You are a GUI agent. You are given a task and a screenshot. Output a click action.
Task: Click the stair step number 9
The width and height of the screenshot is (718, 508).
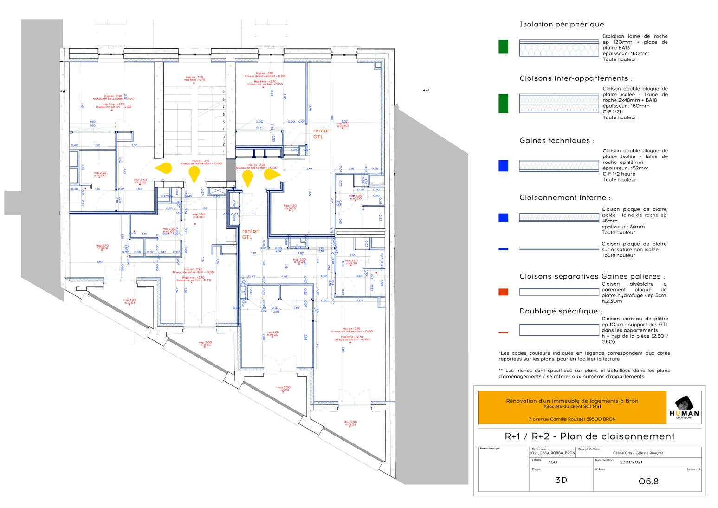tap(223, 92)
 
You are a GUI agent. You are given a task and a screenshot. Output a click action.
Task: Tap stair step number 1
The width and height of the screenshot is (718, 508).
tap(223, 152)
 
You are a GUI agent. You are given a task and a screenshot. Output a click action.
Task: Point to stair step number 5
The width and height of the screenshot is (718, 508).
tap(223, 122)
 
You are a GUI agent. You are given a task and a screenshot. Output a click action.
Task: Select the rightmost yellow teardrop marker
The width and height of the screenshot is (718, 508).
tap(271, 174)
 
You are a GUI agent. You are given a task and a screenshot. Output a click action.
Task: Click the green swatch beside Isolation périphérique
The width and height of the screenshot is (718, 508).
tap(503, 47)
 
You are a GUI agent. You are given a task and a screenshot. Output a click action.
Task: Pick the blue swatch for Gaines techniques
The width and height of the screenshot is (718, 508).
tap(503, 166)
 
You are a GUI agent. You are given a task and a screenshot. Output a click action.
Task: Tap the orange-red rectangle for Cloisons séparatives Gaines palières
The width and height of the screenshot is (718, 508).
tap(503, 292)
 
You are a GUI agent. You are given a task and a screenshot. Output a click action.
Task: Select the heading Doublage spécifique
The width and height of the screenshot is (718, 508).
tap(561, 311)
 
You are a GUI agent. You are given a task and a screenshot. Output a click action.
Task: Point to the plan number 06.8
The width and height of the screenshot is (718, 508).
tap(648, 481)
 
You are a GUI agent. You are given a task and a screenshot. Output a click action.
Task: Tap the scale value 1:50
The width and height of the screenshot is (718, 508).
tap(552, 462)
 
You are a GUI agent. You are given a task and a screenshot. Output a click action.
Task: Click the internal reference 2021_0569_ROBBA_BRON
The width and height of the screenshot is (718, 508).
tap(552, 453)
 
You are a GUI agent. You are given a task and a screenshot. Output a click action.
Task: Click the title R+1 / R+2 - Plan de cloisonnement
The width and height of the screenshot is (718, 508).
tap(589, 436)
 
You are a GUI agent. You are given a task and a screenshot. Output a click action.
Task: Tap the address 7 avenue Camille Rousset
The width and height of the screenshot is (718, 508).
tap(572, 419)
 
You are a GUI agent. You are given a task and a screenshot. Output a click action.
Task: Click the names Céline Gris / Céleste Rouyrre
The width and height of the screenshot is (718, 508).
tap(638, 453)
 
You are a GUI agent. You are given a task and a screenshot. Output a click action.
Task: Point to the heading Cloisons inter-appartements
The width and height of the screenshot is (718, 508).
tap(576, 78)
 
